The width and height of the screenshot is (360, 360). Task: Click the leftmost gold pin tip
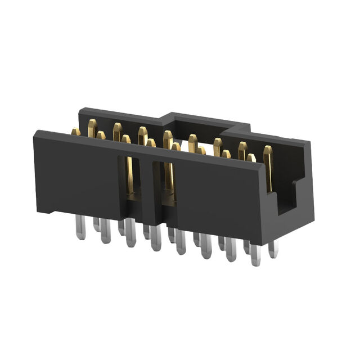(x=75, y=132)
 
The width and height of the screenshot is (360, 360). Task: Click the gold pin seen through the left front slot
(x=130, y=177)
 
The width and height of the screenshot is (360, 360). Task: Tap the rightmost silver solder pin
(x=273, y=248)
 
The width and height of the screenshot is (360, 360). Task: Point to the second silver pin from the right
(x=256, y=254)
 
